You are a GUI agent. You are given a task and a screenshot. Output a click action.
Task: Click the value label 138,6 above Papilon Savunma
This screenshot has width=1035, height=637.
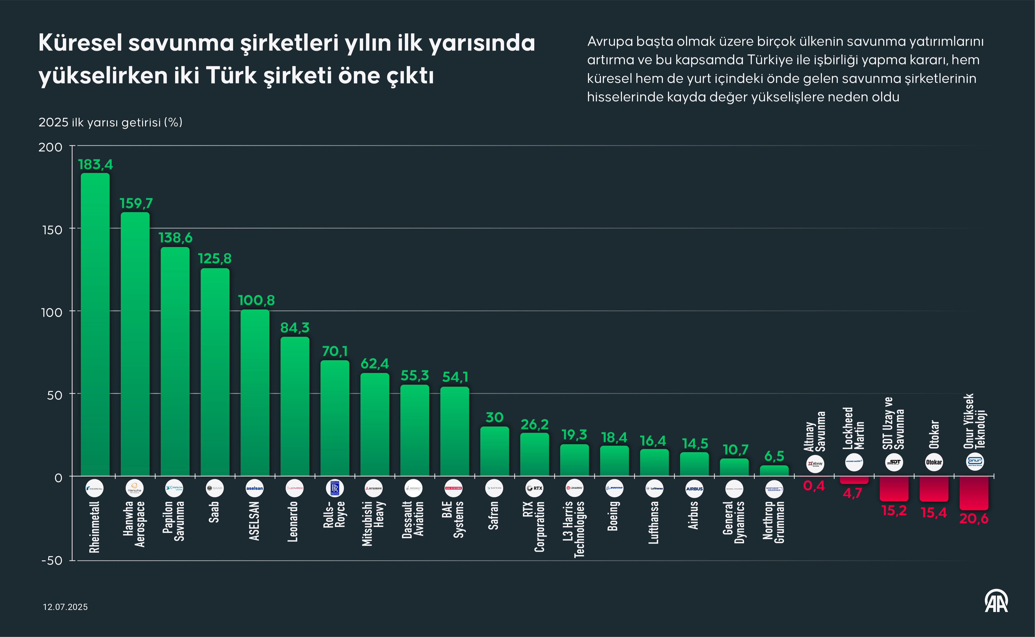pos(175,238)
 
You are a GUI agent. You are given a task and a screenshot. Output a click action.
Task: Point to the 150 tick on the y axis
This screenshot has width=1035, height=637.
pos(52,230)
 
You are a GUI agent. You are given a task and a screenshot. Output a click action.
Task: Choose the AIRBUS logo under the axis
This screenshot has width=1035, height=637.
pos(694,489)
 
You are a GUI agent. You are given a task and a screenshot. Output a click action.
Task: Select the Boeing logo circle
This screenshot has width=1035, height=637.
pos(614,488)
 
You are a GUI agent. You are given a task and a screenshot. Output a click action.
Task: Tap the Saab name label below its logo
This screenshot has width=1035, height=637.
pos(214,512)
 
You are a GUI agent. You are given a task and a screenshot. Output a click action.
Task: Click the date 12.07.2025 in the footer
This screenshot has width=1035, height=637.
pos(65,607)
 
